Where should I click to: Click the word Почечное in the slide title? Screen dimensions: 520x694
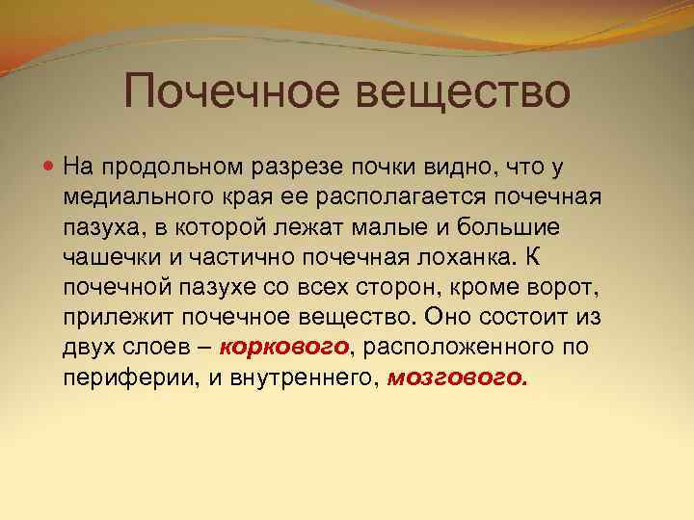point(235,92)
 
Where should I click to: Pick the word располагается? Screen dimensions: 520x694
point(392,197)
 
